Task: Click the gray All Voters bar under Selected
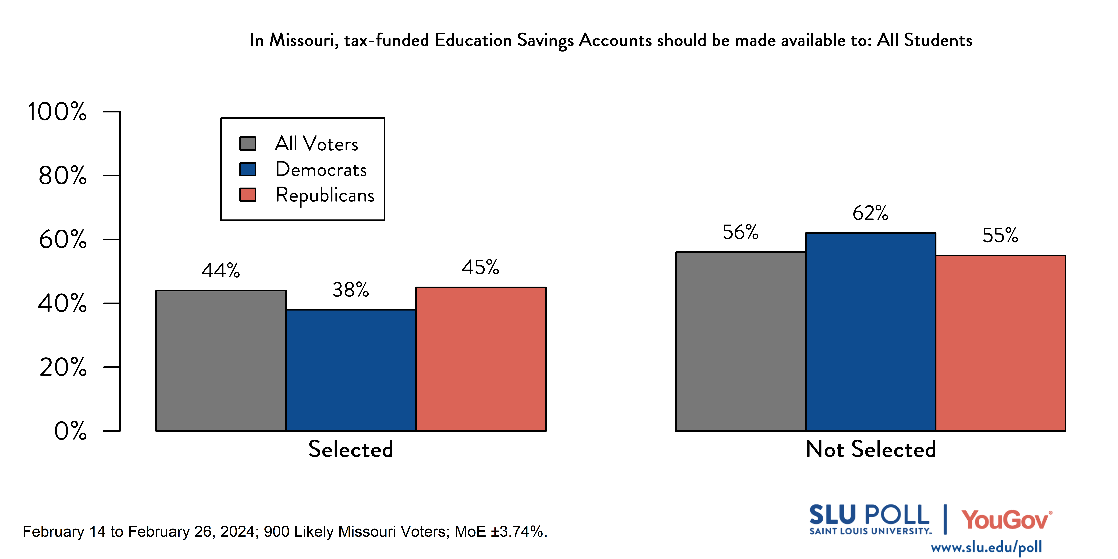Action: click(221, 360)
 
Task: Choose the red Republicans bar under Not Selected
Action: click(1000, 343)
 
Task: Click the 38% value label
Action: click(351, 289)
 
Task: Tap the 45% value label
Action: click(480, 267)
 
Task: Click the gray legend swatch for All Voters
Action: click(248, 144)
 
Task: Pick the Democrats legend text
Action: click(321, 169)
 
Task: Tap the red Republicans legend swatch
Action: click(248, 195)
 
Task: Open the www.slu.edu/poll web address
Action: click(986, 547)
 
